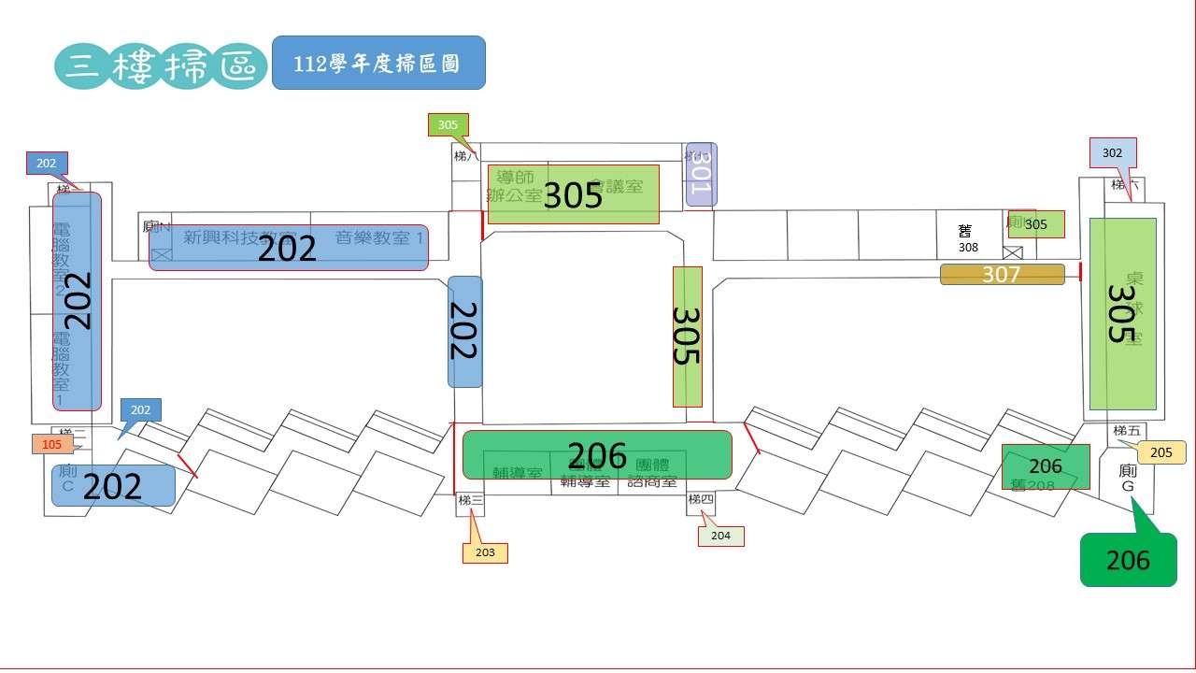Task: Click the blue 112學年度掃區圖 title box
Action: click(378, 63)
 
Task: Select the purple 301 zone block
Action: click(701, 175)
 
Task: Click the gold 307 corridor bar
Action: click(1002, 274)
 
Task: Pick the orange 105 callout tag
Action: click(51, 444)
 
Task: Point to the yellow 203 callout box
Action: click(485, 552)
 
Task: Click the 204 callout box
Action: click(720, 536)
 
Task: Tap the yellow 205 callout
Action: click(1161, 452)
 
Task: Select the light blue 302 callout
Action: click(1112, 152)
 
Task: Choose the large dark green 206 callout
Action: click(1128, 559)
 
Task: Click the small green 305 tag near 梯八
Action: click(448, 124)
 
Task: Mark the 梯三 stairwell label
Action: click(470, 501)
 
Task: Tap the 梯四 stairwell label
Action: click(701, 500)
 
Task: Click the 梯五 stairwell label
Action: click(1127, 431)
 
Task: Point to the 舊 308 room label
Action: click(967, 238)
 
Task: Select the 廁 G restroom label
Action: click(1128, 479)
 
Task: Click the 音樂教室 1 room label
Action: click(379, 237)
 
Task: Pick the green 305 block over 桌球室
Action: click(1122, 313)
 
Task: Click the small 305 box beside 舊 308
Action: click(1036, 224)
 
